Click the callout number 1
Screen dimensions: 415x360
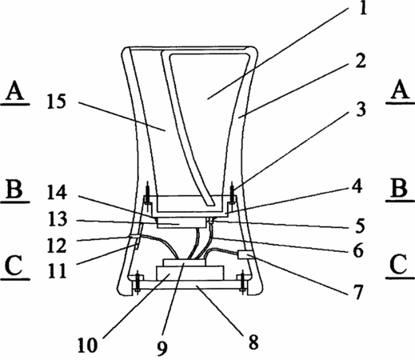click(x=363, y=7)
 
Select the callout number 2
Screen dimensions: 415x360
click(x=361, y=61)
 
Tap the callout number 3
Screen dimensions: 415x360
click(x=361, y=110)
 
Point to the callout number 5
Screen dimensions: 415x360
click(x=361, y=226)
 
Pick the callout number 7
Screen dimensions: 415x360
click(x=358, y=292)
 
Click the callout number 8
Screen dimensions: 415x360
click(x=253, y=342)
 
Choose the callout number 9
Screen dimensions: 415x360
click(x=162, y=348)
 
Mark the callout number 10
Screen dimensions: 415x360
click(x=88, y=346)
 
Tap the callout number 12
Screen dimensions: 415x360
click(x=57, y=246)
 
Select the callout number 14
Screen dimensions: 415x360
click(x=57, y=193)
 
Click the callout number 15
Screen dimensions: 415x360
click(x=56, y=102)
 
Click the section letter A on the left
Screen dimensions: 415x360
click(x=15, y=90)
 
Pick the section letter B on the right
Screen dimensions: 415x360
click(x=400, y=188)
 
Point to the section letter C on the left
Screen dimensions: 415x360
click(x=14, y=266)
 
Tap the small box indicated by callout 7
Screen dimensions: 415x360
click(x=244, y=255)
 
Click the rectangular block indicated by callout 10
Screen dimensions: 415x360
click(x=190, y=273)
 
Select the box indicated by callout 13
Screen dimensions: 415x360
click(x=182, y=222)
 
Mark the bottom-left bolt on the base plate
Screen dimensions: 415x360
click(x=138, y=282)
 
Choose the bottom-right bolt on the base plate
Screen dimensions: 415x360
click(x=242, y=282)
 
